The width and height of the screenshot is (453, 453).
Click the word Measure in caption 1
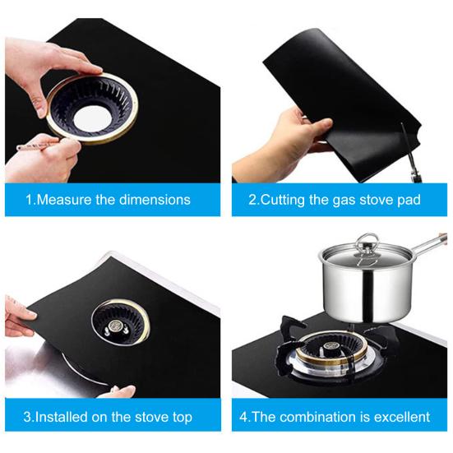click(x=64, y=200)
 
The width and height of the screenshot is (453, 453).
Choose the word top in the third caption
click(x=183, y=418)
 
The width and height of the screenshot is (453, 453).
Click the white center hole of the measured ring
click(x=92, y=118)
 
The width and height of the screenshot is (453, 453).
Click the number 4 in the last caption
click(x=243, y=417)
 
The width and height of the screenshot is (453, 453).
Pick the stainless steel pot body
click(x=366, y=292)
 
